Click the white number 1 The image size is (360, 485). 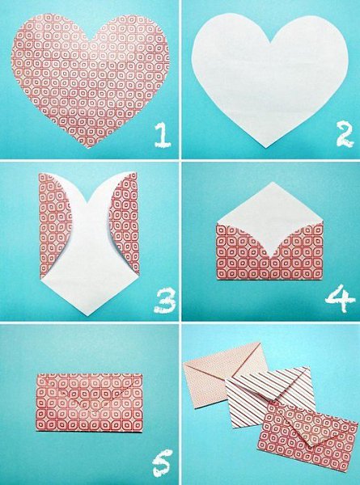coord(163,134)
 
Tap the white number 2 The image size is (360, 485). coord(345,134)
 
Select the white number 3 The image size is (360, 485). coord(165,300)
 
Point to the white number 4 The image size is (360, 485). coord(340,298)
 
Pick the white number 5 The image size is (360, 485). coord(162,462)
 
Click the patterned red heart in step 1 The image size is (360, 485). coord(90,80)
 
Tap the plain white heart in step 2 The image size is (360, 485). coord(269,79)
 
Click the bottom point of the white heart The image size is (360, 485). coord(266,147)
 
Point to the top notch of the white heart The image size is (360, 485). coord(271,42)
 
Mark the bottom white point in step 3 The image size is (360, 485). coord(87,315)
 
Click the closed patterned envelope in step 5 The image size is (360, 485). coord(89,402)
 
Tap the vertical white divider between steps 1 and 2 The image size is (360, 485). coord(180,79)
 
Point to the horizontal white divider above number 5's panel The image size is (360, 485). coord(89,323)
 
